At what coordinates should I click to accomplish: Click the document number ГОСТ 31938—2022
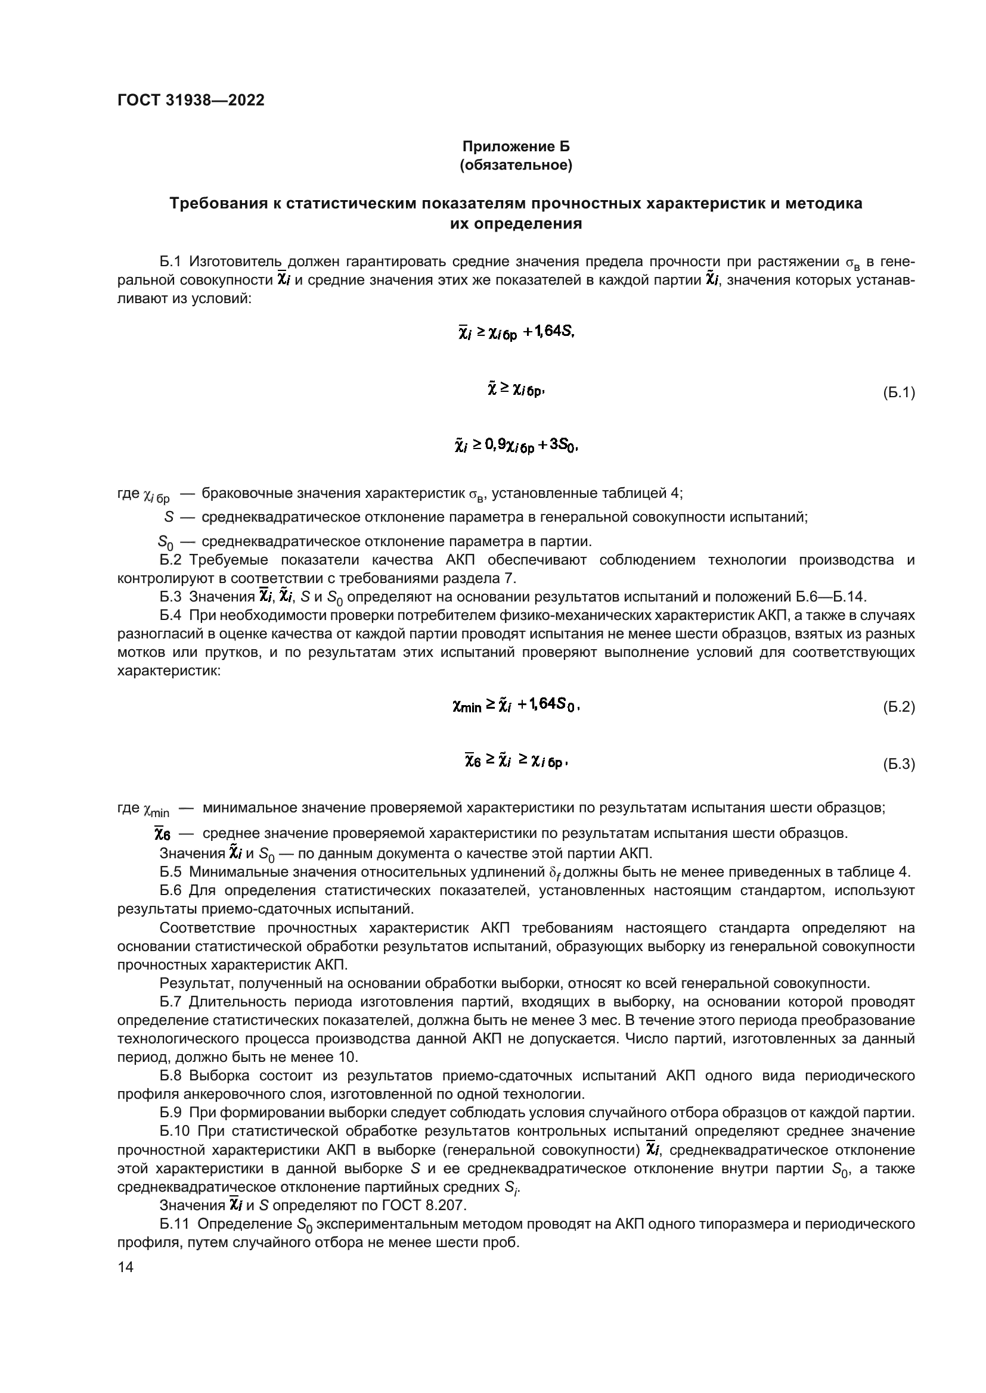click(191, 101)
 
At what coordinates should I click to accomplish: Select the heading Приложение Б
click(516, 147)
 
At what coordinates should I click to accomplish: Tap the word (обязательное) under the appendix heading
click(516, 165)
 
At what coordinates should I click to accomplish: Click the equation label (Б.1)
click(898, 393)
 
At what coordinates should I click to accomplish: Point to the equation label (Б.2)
click(898, 707)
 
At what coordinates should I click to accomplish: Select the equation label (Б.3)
click(898, 765)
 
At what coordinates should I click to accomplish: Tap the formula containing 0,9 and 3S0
click(516, 447)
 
